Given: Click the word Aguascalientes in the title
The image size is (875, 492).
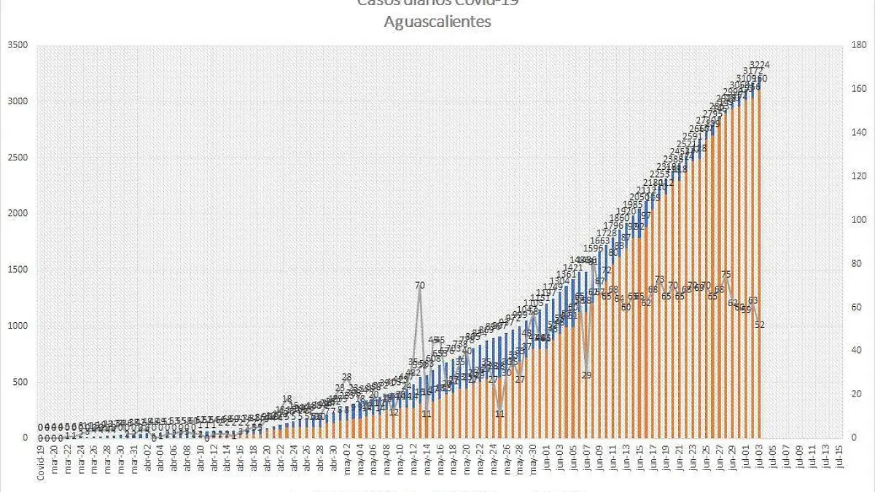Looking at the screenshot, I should tap(437, 22).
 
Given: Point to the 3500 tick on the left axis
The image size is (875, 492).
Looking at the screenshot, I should tap(17, 45).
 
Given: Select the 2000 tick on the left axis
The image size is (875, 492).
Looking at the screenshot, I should tap(17, 214).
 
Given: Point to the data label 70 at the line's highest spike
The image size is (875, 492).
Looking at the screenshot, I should tap(420, 285).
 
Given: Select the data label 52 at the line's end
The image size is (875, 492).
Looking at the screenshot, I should tap(760, 325).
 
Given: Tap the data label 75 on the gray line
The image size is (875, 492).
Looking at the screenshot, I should tap(726, 275).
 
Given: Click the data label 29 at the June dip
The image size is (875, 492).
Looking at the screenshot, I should tap(587, 375).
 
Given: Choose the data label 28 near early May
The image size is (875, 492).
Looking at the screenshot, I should tap(346, 377).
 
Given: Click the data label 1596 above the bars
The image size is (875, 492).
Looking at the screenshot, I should tap(594, 249).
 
